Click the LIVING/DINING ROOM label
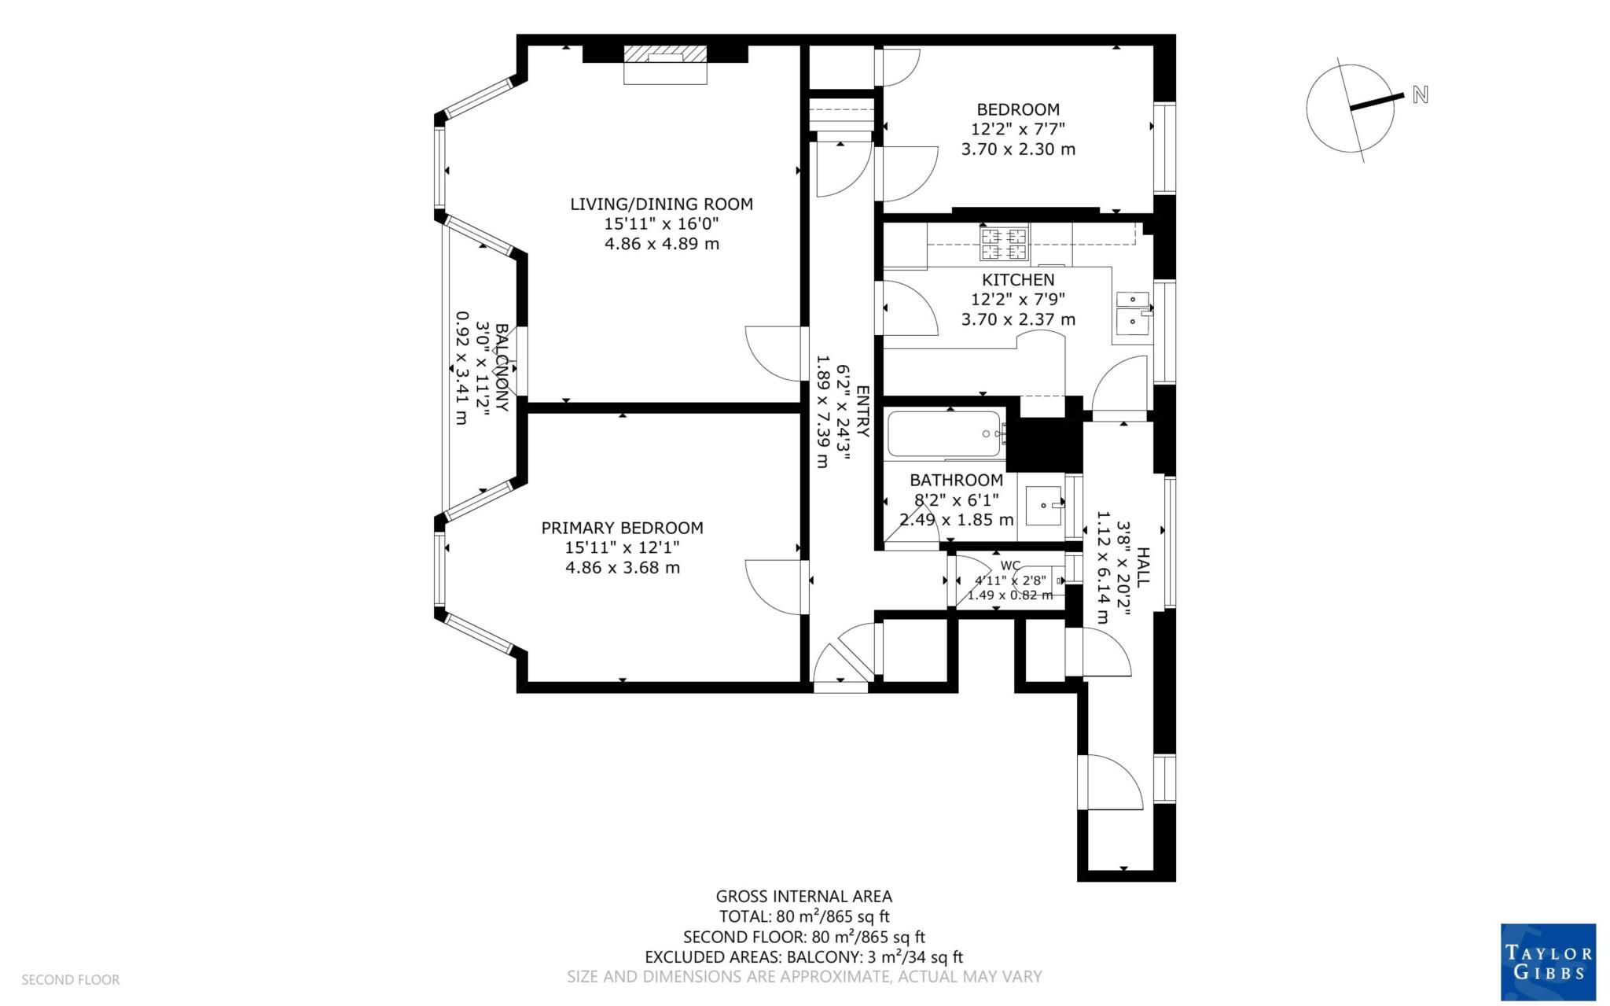661,204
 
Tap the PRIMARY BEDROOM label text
622,528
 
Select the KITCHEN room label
1018,279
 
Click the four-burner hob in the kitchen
1003,243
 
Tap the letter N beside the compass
1420,95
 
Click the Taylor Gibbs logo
1548,962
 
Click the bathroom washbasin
1045,504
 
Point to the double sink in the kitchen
1133,310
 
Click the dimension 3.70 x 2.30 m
1018,149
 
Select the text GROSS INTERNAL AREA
803,896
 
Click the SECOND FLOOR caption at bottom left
70,979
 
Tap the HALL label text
1143,566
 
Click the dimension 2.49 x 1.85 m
956,519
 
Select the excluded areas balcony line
803,957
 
